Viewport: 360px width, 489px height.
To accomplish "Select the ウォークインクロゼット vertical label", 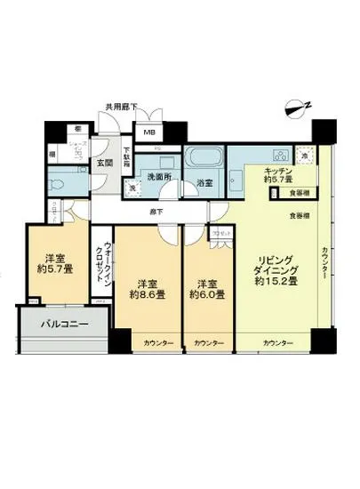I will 108,260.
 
